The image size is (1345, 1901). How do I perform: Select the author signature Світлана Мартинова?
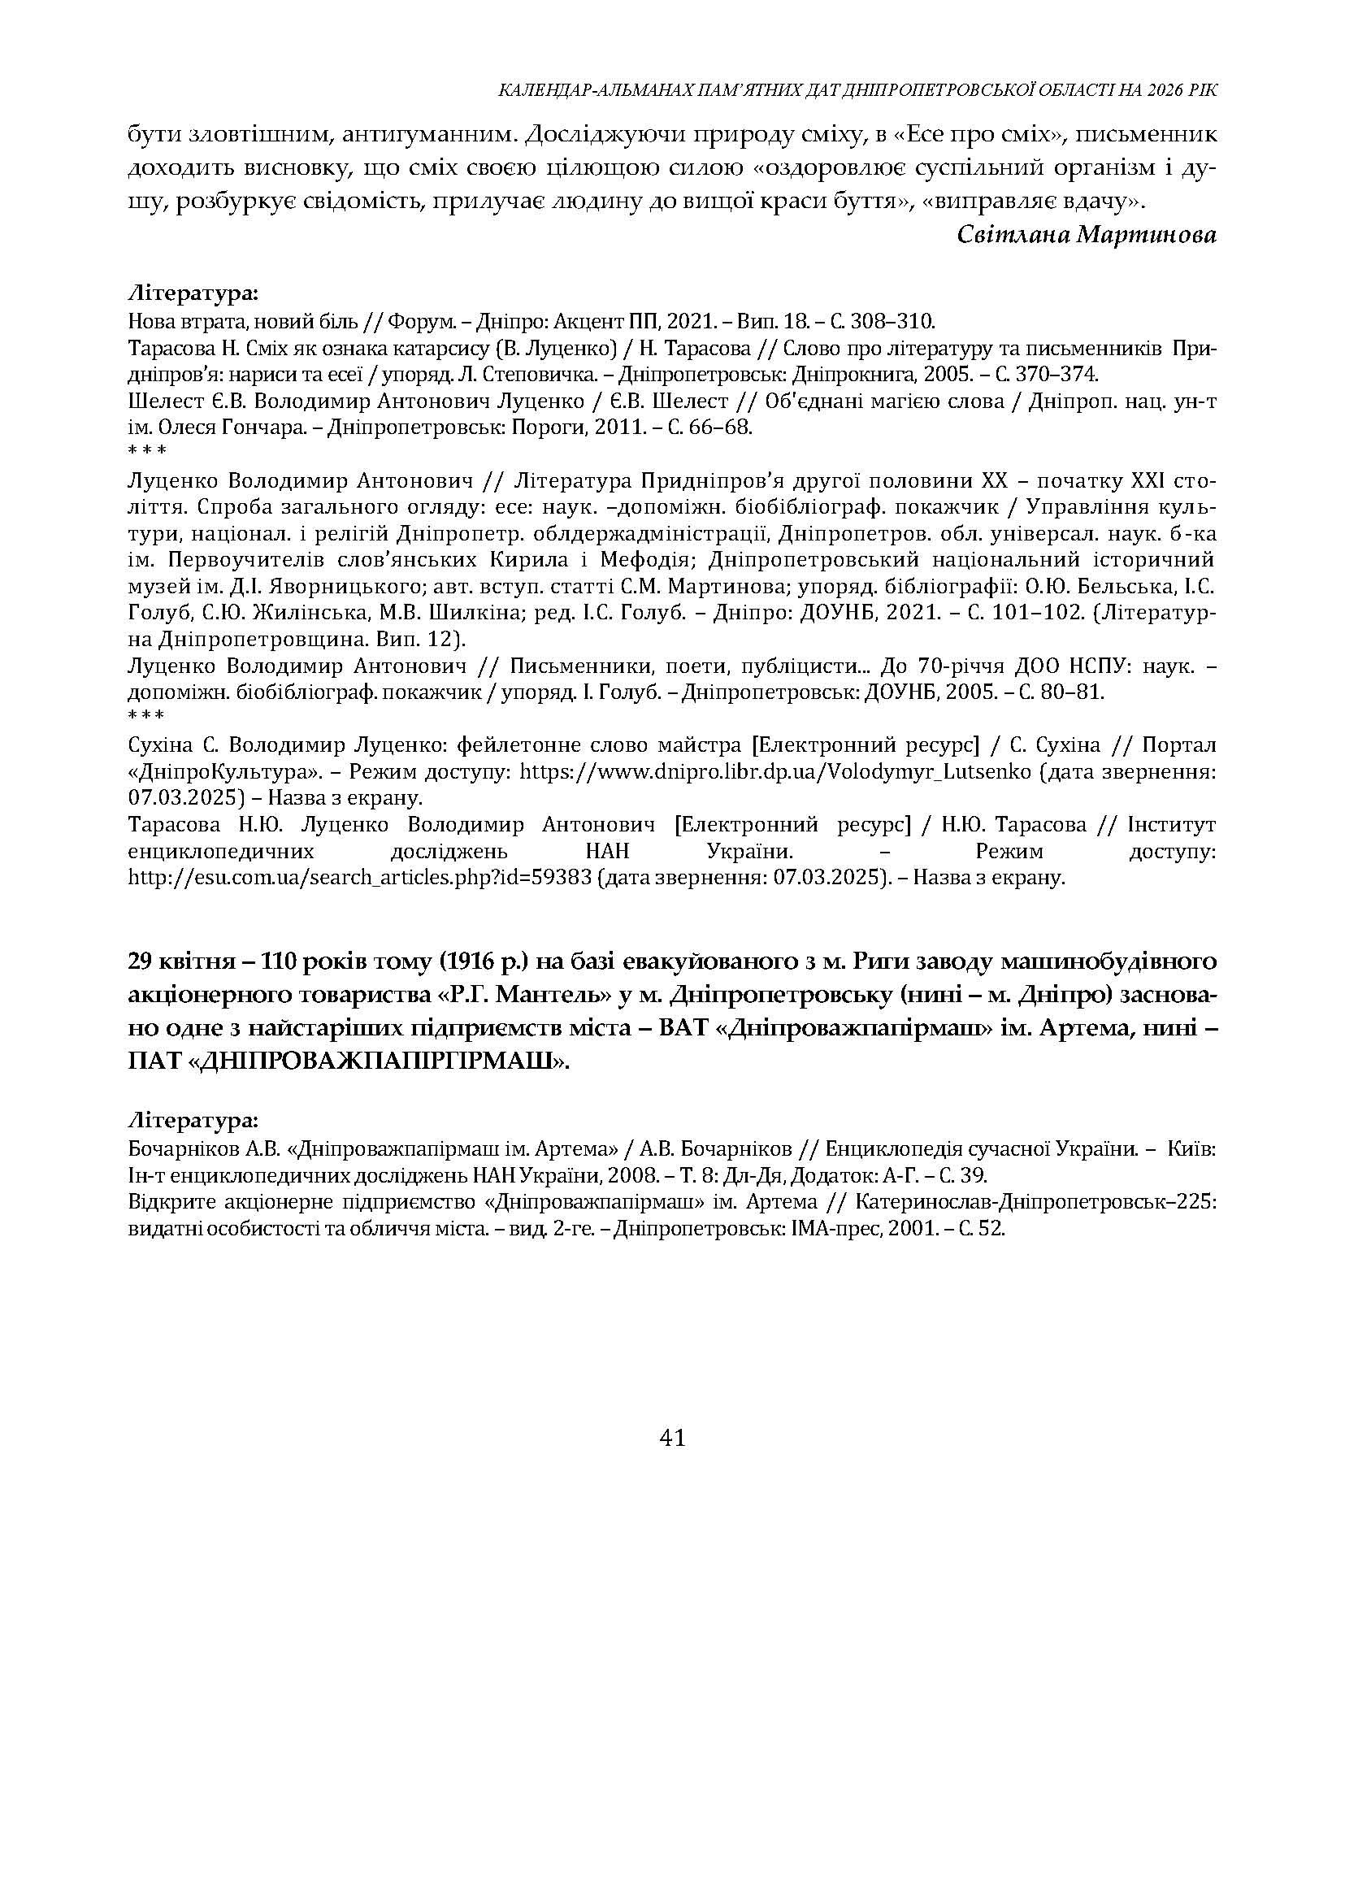[1087, 235]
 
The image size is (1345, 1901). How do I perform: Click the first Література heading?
[193, 293]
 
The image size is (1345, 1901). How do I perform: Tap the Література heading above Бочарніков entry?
[193, 1121]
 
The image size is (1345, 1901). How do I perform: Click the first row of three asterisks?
[147, 451]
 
